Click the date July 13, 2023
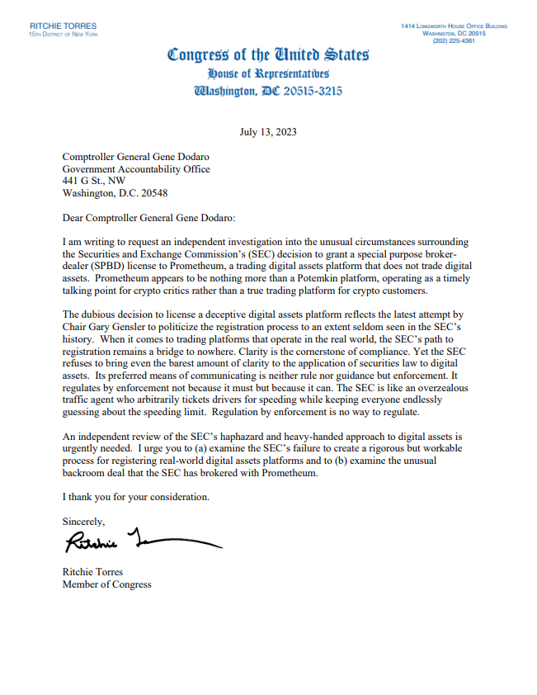tap(268, 132)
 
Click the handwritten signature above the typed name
tap(140, 542)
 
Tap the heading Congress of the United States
tap(268, 55)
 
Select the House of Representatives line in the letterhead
tap(268, 73)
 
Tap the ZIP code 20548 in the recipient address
tap(153, 194)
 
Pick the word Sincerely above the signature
tap(84, 522)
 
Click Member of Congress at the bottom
tap(107, 585)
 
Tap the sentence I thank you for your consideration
tap(136, 497)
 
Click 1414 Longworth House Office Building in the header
tap(454, 26)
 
